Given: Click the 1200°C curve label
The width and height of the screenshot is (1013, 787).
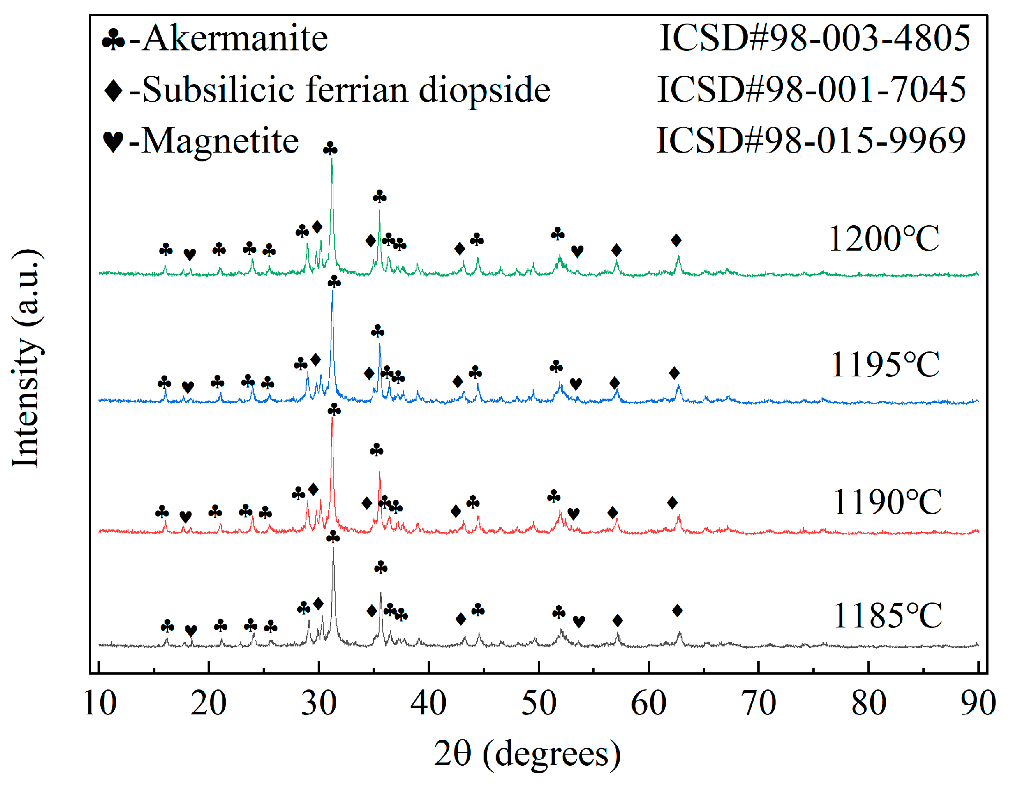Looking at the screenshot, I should [884, 239].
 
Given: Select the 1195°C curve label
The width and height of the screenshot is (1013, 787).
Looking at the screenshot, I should [885, 365].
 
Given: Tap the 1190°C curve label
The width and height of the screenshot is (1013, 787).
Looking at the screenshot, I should [887, 502].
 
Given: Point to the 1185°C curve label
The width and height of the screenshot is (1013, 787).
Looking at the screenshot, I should [888, 616].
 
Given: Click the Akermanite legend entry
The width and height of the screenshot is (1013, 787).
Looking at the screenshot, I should [215, 38].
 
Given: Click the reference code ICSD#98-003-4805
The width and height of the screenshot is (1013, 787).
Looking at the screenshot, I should [815, 38].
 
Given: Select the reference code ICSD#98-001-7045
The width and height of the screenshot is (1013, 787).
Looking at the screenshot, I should [812, 90].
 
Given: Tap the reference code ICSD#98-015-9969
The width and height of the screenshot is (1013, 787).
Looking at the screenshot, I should [812, 141].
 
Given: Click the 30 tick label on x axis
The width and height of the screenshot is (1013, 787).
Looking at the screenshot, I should [319, 704].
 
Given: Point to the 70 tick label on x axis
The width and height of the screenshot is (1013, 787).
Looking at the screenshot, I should [758, 704].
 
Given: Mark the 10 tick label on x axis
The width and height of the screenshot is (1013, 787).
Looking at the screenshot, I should [100, 704].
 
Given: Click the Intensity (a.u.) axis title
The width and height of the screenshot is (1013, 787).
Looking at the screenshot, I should [26, 359].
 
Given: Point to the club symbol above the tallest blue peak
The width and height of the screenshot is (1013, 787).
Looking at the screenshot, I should [334, 282].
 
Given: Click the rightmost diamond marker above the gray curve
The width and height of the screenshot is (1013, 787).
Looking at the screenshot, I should [677, 611].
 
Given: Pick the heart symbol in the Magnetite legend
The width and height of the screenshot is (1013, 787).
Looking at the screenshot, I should [113, 141].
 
